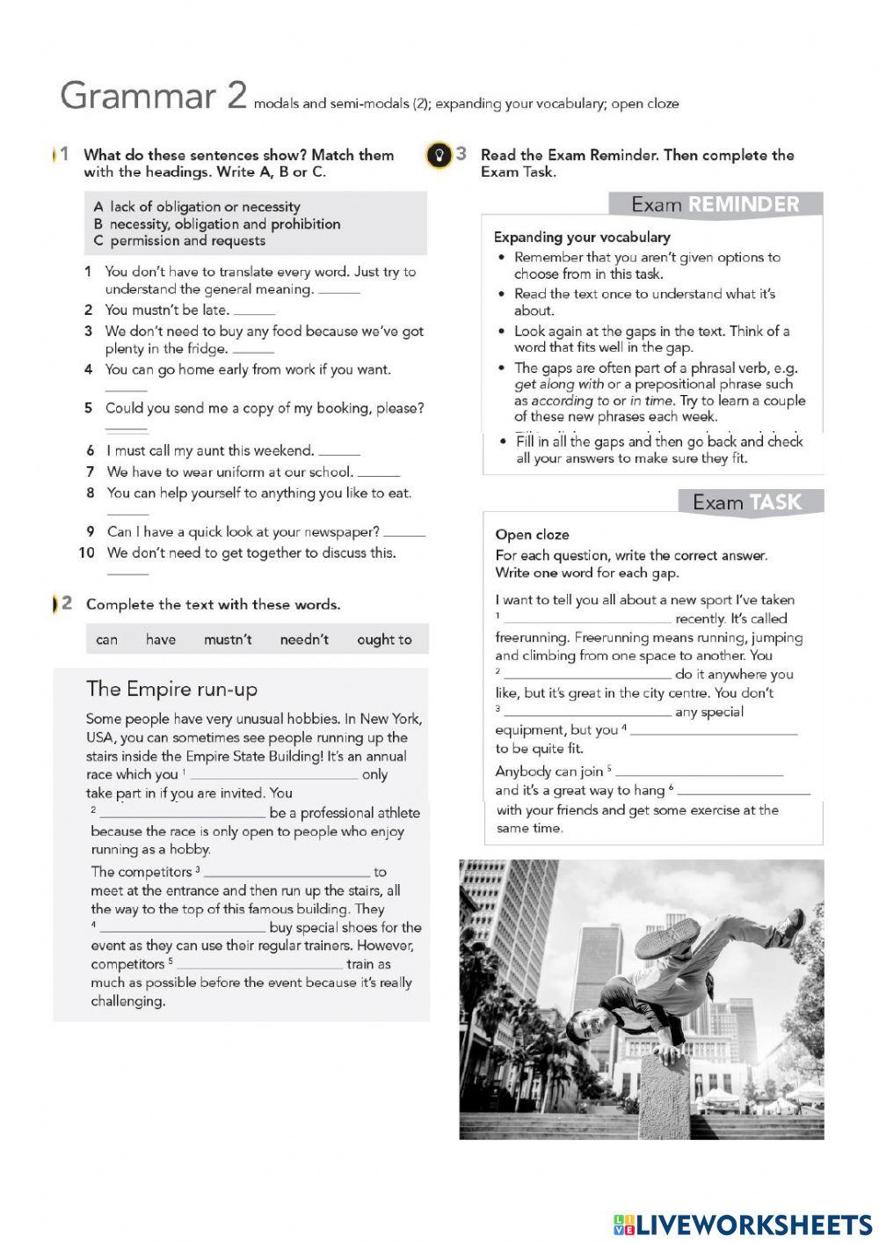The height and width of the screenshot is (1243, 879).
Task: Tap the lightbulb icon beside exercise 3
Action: coord(437,155)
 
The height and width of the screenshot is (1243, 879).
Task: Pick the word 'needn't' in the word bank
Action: coord(304,640)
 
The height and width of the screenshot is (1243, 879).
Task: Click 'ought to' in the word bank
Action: coord(384,640)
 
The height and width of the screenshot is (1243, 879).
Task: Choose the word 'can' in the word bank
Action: coord(106,640)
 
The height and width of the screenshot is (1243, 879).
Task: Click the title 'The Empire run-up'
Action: coord(171,689)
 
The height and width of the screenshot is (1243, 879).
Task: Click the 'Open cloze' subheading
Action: coord(532,535)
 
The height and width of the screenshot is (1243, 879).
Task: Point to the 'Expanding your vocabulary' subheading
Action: coord(581,237)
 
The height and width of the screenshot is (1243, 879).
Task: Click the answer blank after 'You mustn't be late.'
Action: coord(255,311)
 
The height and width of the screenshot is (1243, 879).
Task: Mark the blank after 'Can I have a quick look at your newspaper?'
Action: coord(404,533)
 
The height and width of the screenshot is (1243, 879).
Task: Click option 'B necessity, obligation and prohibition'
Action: coord(216,223)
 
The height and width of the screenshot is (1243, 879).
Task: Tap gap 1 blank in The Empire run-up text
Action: coord(273,776)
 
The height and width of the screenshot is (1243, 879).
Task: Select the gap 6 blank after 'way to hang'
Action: coord(743,792)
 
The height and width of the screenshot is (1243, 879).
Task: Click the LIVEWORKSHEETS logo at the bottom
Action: coord(743,1224)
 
